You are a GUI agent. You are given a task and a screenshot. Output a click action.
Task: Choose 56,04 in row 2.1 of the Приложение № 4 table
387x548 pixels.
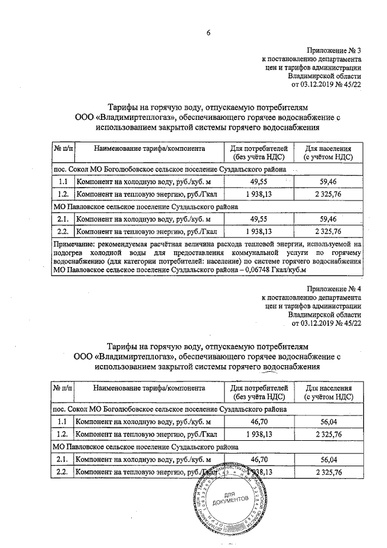328,459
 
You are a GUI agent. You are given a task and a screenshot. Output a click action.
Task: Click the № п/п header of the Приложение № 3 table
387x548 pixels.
63,148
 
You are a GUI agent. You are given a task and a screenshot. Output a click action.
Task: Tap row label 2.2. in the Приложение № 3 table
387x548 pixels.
62,231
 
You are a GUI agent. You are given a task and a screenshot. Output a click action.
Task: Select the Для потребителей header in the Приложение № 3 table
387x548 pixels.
259,152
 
